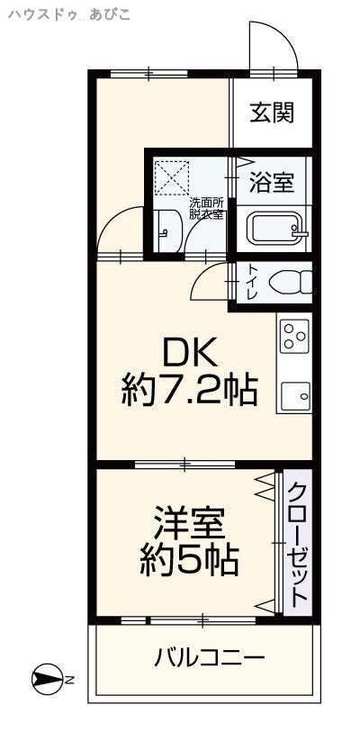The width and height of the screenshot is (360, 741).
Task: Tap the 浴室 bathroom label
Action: [x=272, y=183]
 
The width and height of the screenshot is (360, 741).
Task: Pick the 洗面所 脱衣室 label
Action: [x=206, y=208]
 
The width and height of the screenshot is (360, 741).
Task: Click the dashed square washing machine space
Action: [x=172, y=177]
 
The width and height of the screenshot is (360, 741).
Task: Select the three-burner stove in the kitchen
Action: [x=295, y=337]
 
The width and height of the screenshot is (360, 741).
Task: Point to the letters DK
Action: [x=189, y=353]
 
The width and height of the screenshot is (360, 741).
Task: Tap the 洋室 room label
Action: [x=189, y=523]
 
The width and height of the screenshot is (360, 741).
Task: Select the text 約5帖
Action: [x=189, y=560]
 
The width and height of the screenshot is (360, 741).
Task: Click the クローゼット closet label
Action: [x=298, y=545]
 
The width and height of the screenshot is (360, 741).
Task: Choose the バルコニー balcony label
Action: [x=210, y=658]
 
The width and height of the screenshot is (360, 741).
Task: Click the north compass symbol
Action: [x=47, y=680]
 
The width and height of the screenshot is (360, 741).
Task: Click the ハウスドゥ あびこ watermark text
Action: [x=69, y=15]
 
